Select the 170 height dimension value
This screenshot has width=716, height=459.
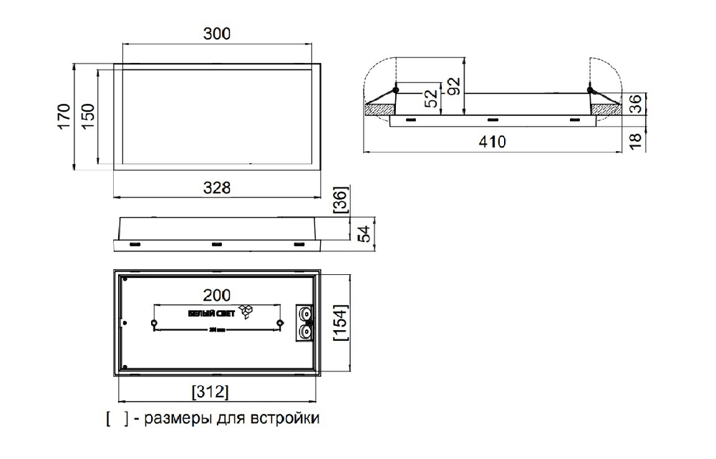pyautogui.click(x=63, y=117)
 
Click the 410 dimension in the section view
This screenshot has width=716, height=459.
pyautogui.click(x=492, y=142)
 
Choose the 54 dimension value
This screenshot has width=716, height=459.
pyautogui.click(x=363, y=233)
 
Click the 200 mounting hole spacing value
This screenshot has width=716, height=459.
pyautogui.click(x=216, y=295)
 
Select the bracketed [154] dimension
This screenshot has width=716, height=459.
pyautogui.click(x=341, y=324)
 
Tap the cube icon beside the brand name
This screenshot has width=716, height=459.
pyautogui.click(x=246, y=311)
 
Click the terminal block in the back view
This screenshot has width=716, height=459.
pyautogui.click(x=306, y=322)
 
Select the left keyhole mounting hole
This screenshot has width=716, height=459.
pyautogui.click(x=155, y=324)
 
